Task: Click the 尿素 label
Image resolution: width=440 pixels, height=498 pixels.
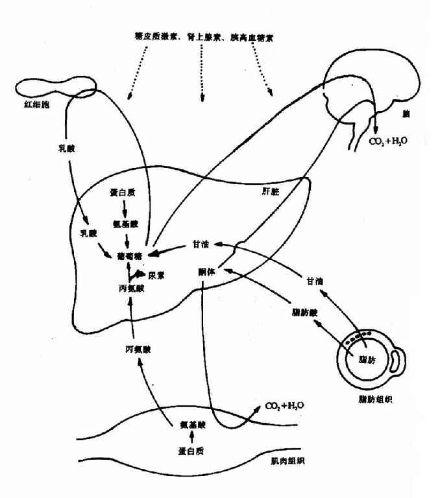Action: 156,275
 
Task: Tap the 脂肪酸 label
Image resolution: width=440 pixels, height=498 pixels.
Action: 304,312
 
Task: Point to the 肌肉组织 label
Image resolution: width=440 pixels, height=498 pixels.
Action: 288,461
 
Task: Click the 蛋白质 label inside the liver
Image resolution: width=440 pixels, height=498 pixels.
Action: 123,193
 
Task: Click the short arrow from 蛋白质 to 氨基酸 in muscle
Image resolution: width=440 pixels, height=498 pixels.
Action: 192,438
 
